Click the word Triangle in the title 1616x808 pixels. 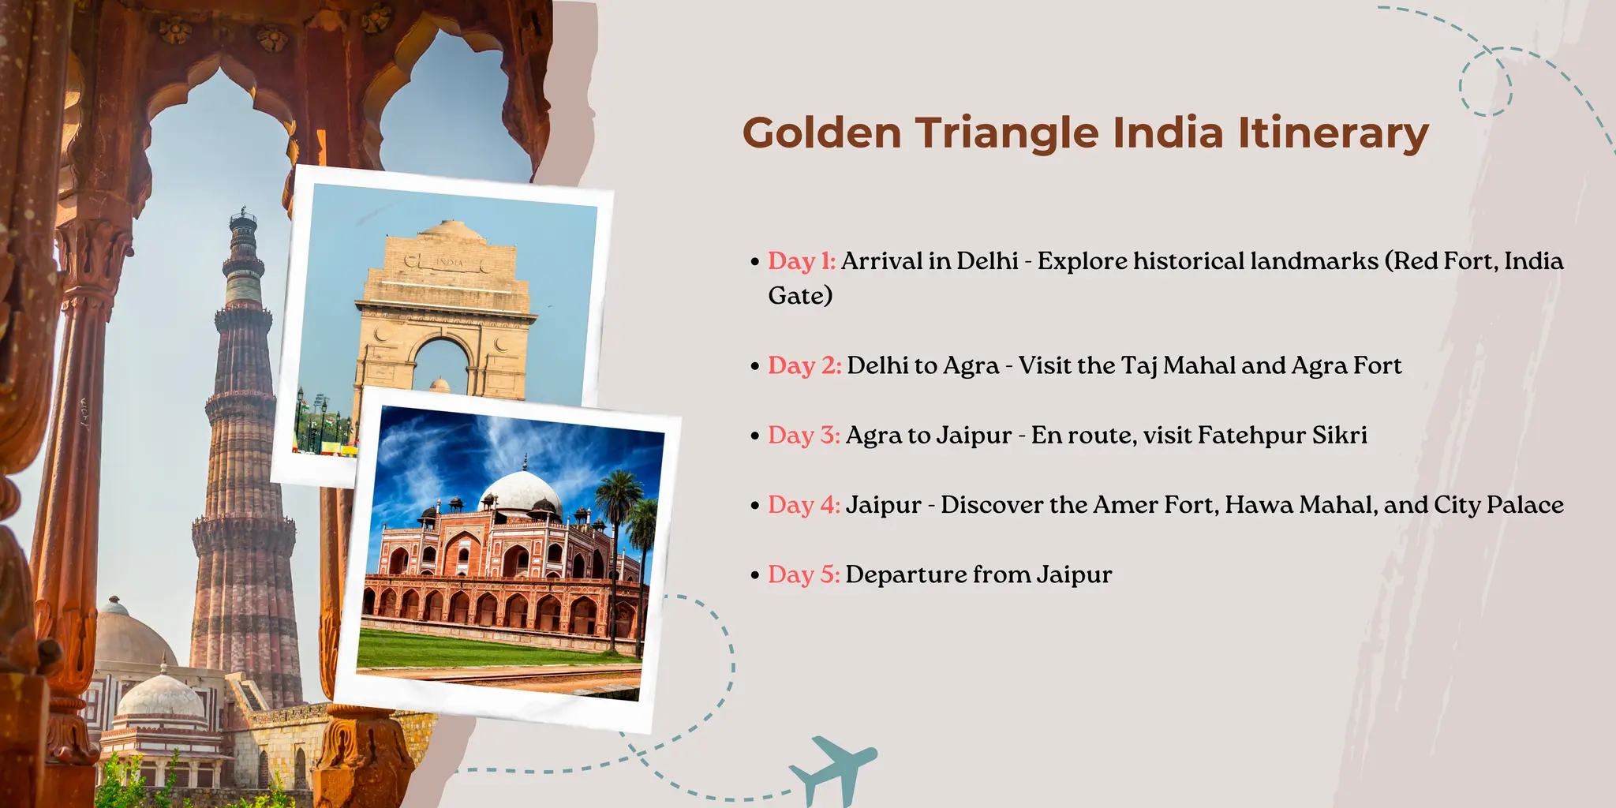tap(1006, 133)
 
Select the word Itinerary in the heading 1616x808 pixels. tap(1333, 133)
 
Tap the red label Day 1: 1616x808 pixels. tap(802, 261)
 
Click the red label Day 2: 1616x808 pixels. tap(805, 365)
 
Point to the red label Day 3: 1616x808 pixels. tap(804, 435)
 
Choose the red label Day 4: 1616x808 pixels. tap(804, 505)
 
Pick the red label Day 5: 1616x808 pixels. tap(804, 574)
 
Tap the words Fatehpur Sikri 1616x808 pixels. tap(1282, 435)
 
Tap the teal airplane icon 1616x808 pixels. tap(832, 769)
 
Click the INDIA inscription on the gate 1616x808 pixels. tap(449, 261)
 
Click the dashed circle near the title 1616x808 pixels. tap(1485, 82)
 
